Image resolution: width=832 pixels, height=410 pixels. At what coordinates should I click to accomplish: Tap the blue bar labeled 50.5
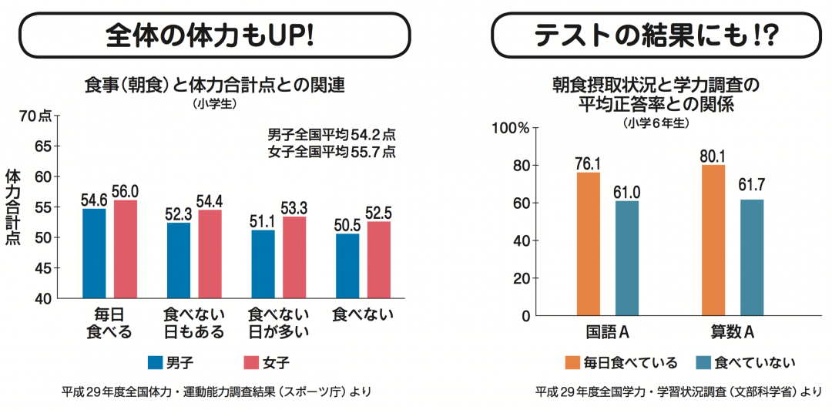tap(347, 266)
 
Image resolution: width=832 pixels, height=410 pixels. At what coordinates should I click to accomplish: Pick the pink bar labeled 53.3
tap(294, 257)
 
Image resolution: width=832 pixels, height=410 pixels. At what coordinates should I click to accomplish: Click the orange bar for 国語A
tap(588, 244)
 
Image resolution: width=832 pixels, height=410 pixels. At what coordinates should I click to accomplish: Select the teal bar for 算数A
tap(751, 257)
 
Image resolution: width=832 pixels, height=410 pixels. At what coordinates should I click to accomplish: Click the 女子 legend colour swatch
tap(253, 361)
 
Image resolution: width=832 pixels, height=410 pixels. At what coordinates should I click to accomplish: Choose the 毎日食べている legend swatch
tap(570, 361)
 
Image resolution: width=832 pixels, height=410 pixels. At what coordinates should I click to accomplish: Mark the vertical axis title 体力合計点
tap(12, 207)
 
